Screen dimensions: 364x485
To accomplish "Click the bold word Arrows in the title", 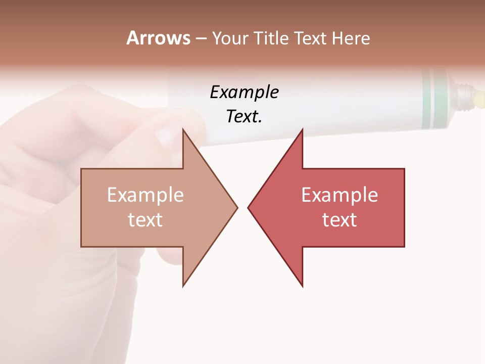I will (158, 38).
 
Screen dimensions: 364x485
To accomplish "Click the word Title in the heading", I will (271, 38).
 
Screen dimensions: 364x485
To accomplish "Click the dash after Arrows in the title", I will (201, 38).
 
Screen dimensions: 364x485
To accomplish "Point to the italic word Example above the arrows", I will (244, 93).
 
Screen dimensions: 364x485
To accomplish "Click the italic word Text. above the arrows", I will (244, 117).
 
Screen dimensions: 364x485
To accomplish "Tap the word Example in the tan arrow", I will (145, 195).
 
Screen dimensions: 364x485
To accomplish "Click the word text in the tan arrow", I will (145, 220).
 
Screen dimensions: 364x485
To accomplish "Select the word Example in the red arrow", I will (339, 195).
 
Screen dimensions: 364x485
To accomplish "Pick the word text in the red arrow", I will (339, 220).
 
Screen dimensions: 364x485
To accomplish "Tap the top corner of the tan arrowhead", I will (183, 129).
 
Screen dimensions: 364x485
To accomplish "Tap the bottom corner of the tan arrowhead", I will (183, 286).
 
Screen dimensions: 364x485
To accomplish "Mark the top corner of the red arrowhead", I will (302, 129).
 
